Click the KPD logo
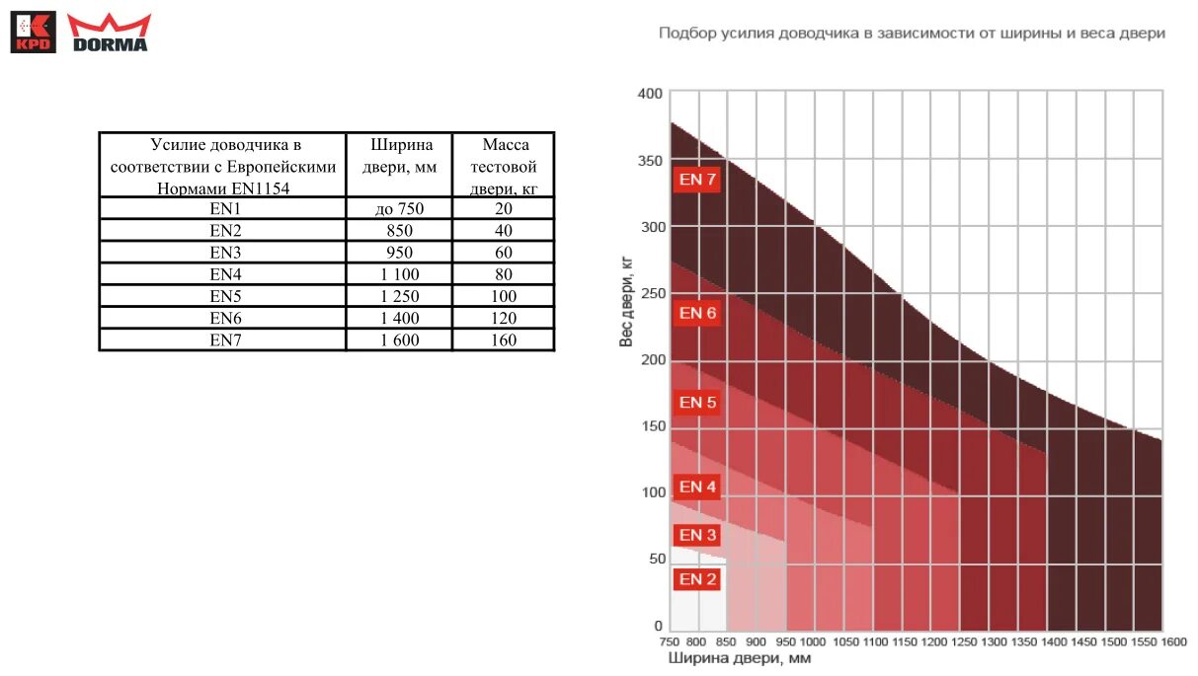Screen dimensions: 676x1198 (33, 32)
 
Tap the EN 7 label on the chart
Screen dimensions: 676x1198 (697, 180)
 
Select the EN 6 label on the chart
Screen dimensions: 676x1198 (697, 313)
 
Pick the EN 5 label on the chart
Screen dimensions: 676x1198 (697, 402)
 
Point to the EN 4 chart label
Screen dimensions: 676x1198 (697, 487)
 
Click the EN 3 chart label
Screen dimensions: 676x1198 (697, 535)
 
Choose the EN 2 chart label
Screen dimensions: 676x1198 (697, 579)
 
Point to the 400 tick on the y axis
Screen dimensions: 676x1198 (650, 94)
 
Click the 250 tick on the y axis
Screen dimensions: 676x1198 (650, 293)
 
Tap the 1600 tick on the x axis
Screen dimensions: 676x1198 (1173, 641)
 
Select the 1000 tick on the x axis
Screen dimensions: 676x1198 (814, 641)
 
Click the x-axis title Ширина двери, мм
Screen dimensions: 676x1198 (739, 658)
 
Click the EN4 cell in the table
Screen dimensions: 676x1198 (225, 274)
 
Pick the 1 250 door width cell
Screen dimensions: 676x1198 (399, 296)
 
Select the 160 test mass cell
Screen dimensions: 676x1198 (504, 339)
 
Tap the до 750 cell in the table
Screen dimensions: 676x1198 (399, 208)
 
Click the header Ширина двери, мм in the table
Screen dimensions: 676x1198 (399, 156)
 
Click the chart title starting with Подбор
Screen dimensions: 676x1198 (912, 34)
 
